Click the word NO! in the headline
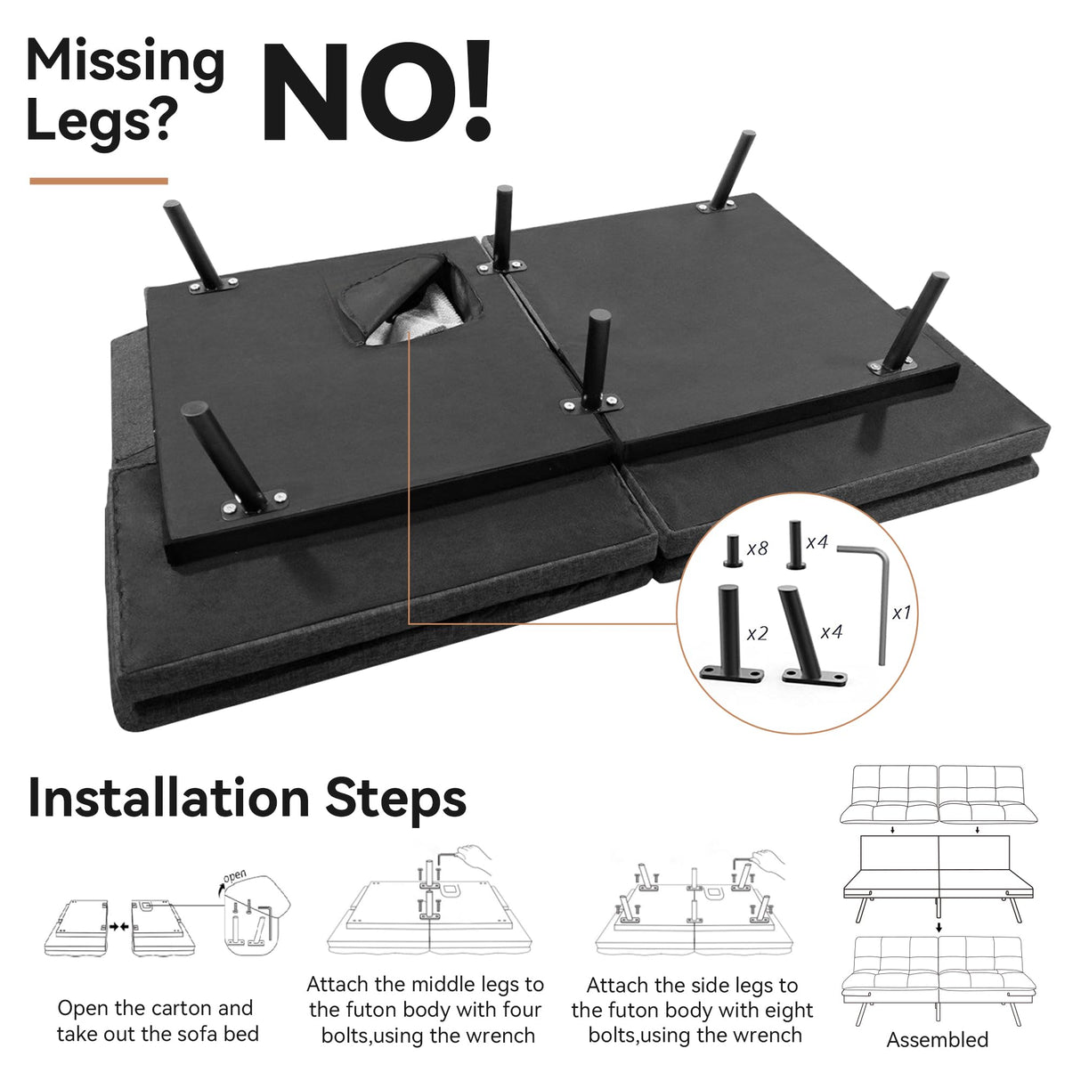[x=377, y=91]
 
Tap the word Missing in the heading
[x=126, y=63]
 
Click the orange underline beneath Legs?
[x=99, y=181]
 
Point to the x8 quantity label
[x=757, y=549]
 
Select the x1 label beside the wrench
[x=901, y=614]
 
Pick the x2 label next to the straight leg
[x=757, y=634]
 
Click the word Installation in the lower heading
[x=168, y=798]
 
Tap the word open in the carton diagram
[x=234, y=875]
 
